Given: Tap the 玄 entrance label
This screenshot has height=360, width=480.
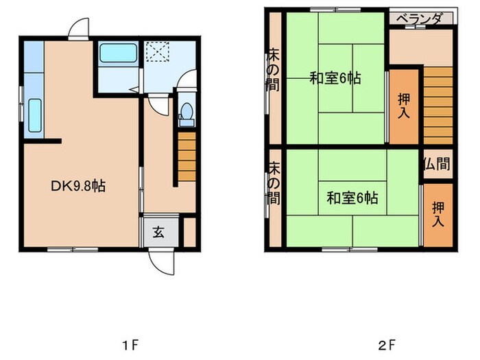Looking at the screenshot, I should (158, 232).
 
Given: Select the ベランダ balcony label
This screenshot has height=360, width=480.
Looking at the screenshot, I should (420, 19).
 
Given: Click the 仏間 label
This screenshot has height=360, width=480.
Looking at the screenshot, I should (436, 165).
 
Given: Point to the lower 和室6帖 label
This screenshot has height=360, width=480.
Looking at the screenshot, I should (352, 199).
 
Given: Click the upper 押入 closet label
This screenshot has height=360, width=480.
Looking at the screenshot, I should (404, 106).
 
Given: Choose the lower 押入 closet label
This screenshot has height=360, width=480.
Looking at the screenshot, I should (437, 214).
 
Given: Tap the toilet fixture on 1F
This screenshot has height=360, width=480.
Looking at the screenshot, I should (185, 115).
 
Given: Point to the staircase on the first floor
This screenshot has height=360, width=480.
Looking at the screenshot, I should (187, 156).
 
